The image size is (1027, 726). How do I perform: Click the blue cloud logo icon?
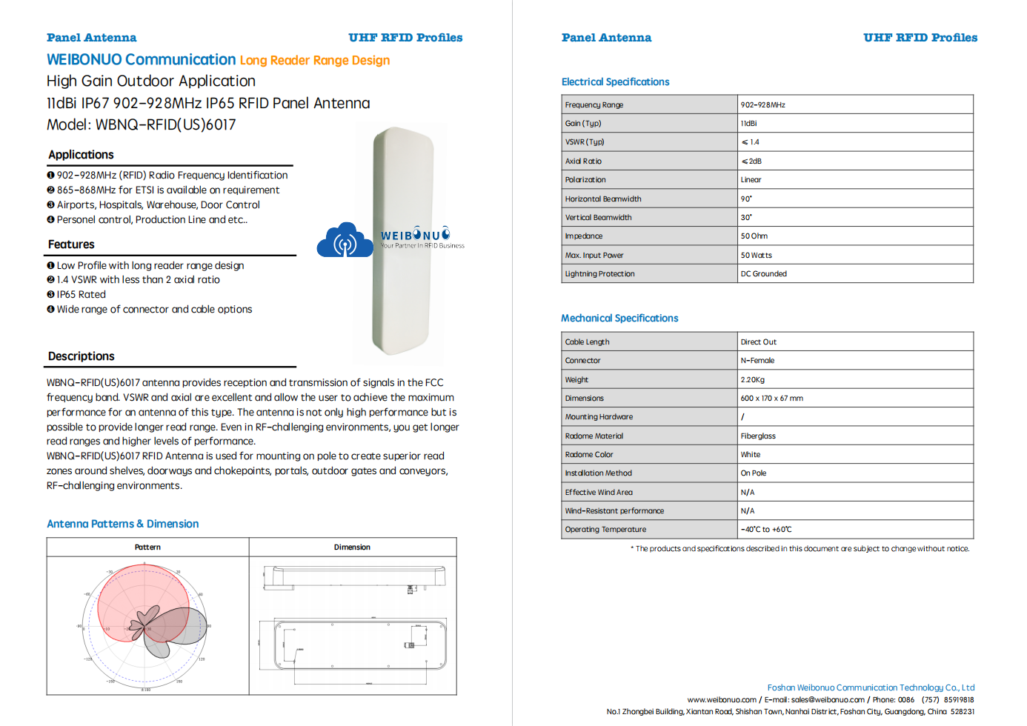pyautogui.click(x=345, y=240)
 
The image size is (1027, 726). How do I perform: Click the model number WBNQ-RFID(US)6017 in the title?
pyautogui.click(x=165, y=125)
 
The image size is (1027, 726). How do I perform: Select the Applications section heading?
pyautogui.click(x=81, y=155)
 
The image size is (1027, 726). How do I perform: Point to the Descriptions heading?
pyautogui.click(x=81, y=356)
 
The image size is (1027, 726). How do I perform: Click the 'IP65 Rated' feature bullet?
pyautogui.click(x=81, y=295)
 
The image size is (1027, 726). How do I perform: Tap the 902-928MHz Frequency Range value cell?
pyautogui.click(x=762, y=105)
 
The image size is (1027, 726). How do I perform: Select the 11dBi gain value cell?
pyautogui.click(x=748, y=124)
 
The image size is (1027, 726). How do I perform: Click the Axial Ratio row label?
pyautogui.click(x=583, y=161)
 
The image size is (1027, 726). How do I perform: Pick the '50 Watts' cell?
pyautogui.click(x=756, y=256)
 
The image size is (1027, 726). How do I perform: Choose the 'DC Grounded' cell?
pyautogui.click(x=763, y=274)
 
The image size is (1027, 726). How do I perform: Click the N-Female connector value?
pyautogui.click(x=757, y=361)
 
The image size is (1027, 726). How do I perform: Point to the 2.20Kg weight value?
pyautogui.click(x=752, y=380)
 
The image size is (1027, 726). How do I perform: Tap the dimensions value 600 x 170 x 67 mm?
pyautogui.click(x=771, y=399)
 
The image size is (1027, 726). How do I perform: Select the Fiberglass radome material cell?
pyautogui.click(x=758, y=436)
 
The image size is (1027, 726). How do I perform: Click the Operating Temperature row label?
pyautogui.click(x=605, y=530)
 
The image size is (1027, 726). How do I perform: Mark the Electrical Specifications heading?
pyautogui.click(x=615, y=82)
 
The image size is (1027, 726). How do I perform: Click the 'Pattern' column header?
pyautogui.click(x=147, y=547)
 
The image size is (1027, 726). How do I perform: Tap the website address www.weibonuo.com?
pyautogui.click(x=722, y=700)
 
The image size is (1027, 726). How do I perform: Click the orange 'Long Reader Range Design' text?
pyautogui.click(x=314, y=61)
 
